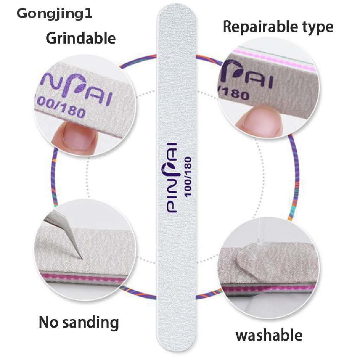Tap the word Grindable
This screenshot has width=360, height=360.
(81, 38)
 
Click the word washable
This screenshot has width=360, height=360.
(269, 335)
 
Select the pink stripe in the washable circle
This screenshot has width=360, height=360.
(268, 289)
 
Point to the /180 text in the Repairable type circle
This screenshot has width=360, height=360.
(234, 93)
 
